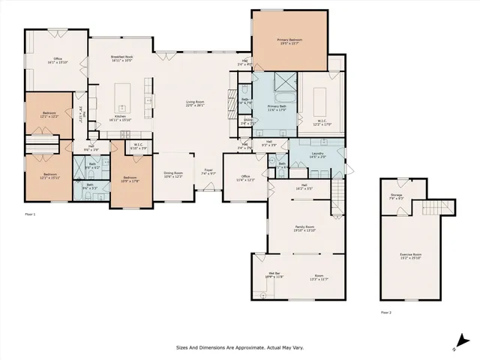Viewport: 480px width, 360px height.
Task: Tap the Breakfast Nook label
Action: [x=121, y=57]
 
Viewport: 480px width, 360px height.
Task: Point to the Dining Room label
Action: [x=173, y=173]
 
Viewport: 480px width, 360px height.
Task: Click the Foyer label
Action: [x=208, y=171]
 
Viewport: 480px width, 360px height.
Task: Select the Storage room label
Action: [x=396, y=196]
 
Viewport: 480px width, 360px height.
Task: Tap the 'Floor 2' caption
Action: [x=385, y=311]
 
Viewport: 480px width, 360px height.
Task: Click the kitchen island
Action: [x=122, y=97]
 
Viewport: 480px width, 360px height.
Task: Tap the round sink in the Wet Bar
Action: [x=264, y=295]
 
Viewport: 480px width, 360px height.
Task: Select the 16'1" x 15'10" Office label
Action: [x=57, y=61]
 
